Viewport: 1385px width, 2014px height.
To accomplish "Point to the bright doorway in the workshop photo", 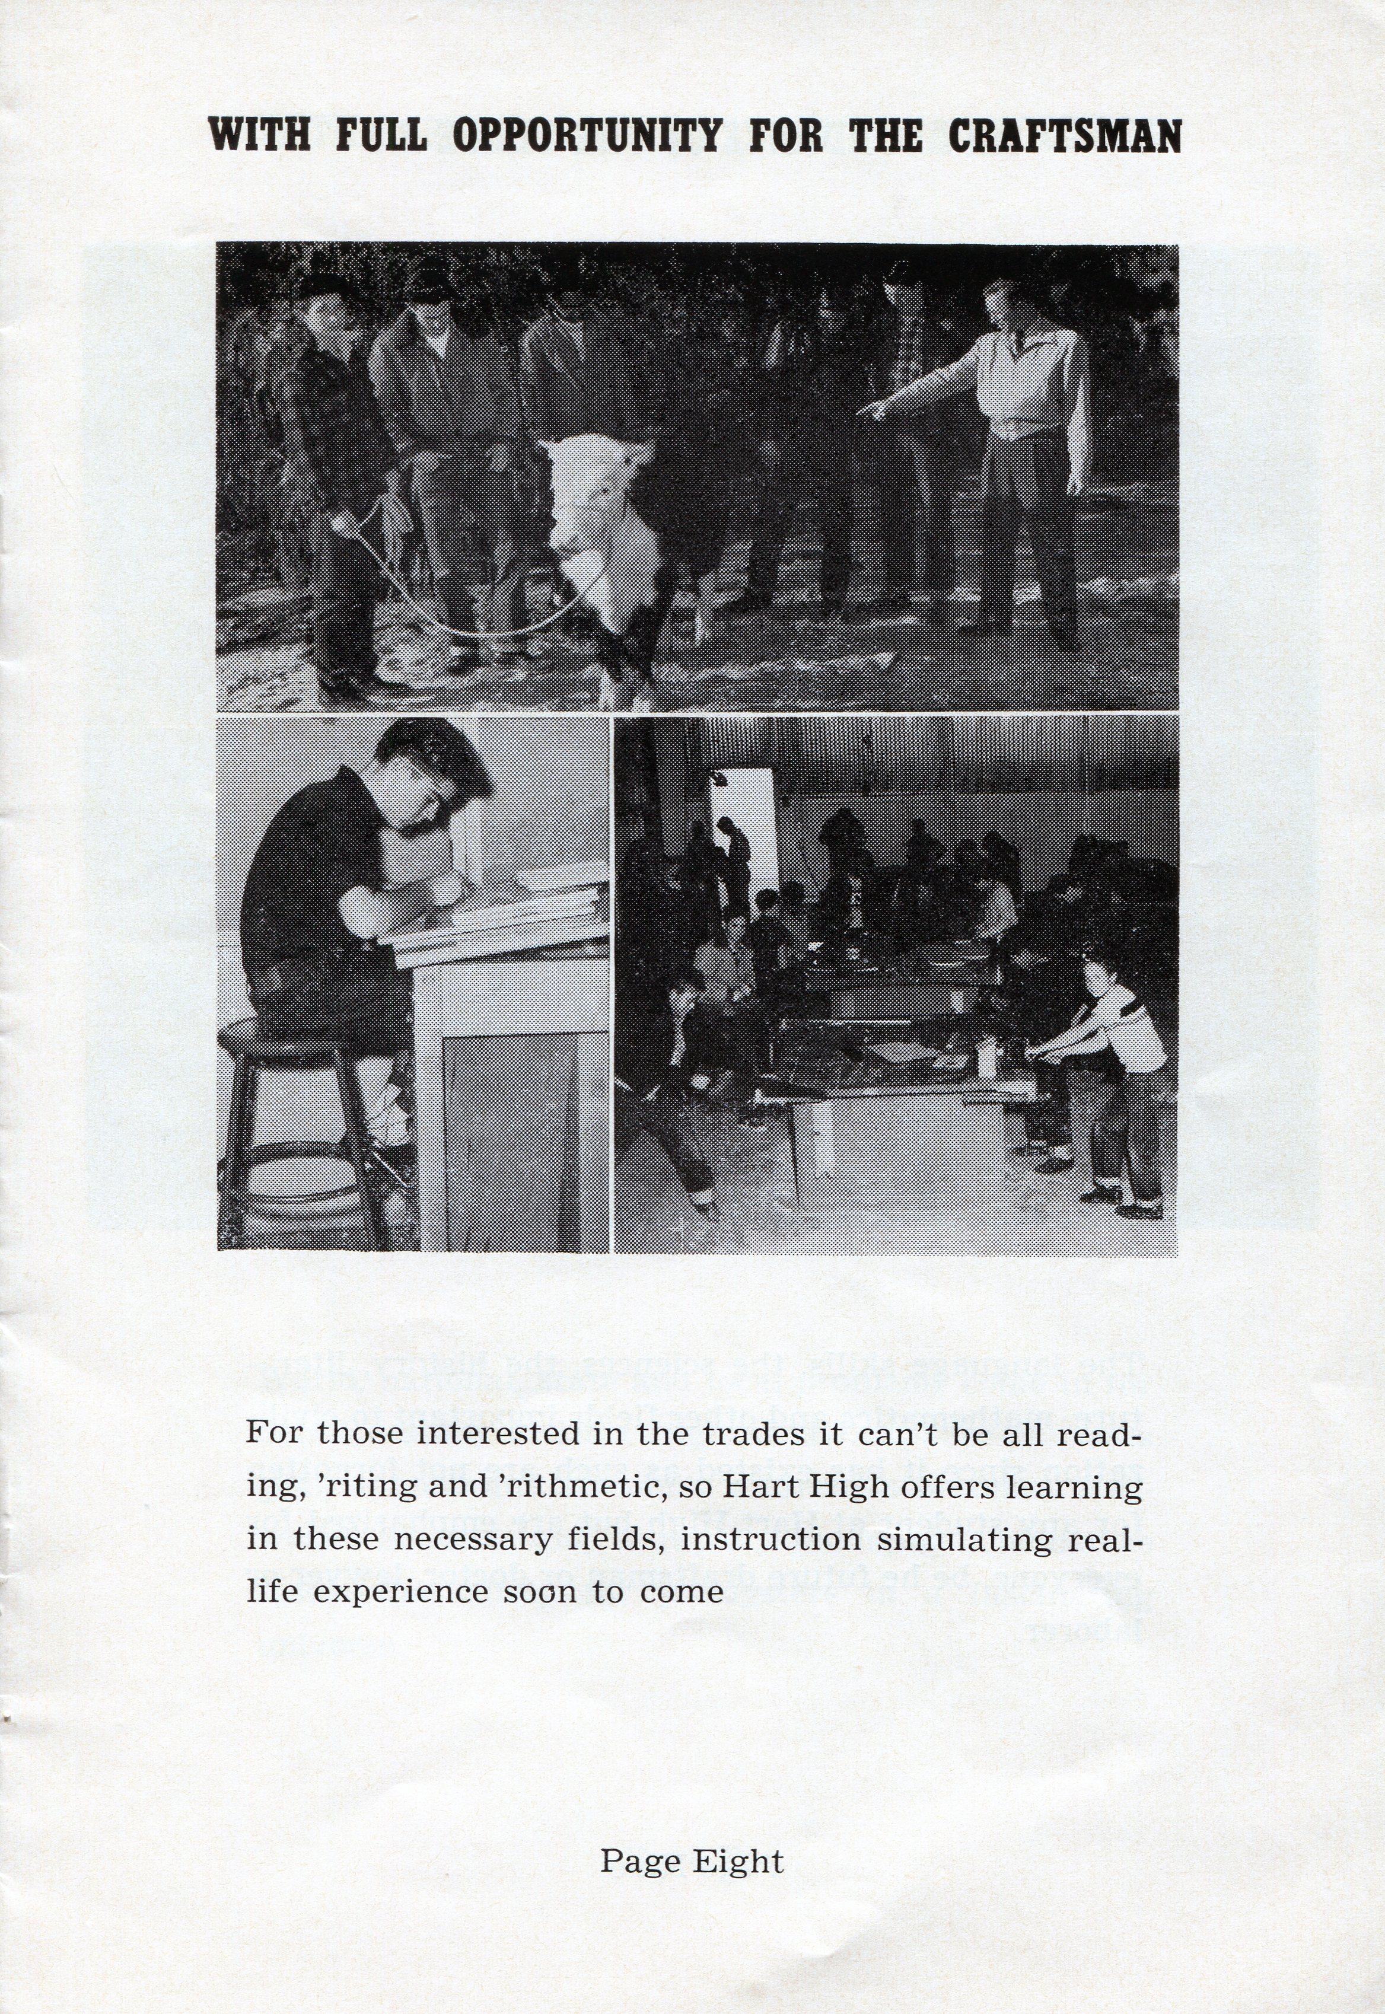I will [746, 824].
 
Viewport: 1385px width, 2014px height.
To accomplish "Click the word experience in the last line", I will [400, 1593].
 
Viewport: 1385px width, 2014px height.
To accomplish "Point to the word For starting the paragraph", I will [275, 1433].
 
